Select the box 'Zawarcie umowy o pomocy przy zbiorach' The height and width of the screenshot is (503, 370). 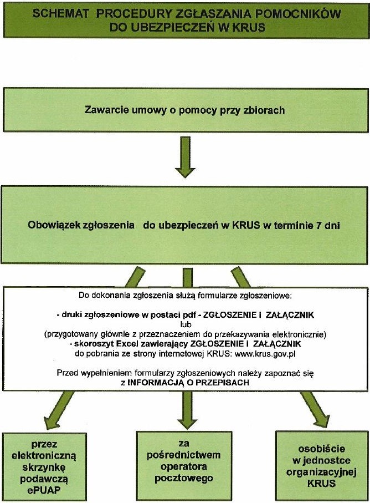[185, 110]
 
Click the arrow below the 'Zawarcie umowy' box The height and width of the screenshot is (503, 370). [184, 160]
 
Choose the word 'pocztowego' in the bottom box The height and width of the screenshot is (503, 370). [184, 477]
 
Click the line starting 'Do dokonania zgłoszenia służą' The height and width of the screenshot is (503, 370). [185, 295]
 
